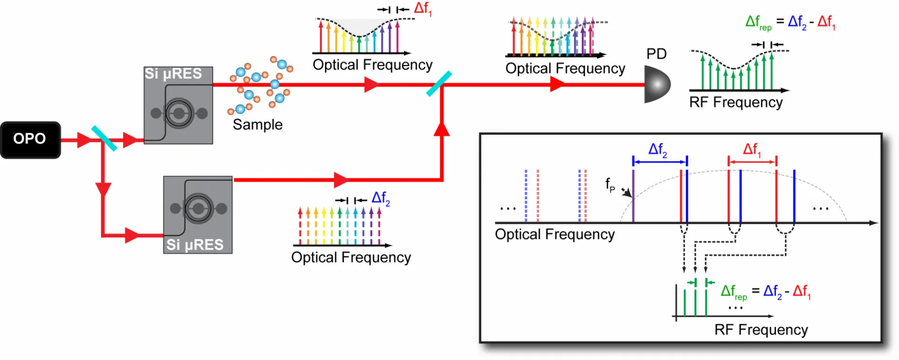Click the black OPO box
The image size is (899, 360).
point(30,140)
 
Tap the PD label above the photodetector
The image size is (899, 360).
point(656,54)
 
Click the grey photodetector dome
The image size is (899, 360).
point(657,84)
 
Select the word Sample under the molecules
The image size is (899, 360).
point(258,125)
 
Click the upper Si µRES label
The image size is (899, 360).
point(173,73)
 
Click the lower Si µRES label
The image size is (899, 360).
point(195,244)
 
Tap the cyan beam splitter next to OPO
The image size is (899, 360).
point(104,138)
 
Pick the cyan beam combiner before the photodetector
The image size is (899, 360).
point(439,84)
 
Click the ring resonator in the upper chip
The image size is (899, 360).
point(178,113)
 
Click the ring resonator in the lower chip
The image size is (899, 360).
point(199,208)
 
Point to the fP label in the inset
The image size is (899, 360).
point(610,185)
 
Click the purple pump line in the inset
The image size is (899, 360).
point(633,196)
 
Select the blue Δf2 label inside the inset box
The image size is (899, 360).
point(658,150)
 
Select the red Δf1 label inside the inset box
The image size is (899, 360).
point(752,150)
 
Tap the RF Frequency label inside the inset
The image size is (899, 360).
point(761,330)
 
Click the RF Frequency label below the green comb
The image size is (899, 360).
point(736,103)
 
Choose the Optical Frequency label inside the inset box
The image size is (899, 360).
point(555,234)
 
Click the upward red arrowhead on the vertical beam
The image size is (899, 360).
point(442,129)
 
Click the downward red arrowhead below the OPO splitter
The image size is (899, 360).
point(103,190)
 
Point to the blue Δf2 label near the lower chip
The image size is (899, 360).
point(381,198)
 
